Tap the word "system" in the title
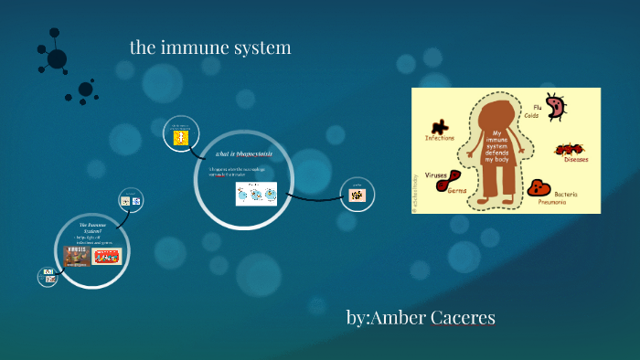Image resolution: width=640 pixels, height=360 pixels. point(264,48)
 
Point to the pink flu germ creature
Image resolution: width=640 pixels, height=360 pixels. point(555,107)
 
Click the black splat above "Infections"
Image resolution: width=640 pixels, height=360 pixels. point(441,127)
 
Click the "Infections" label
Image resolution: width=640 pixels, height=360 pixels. point(439,138)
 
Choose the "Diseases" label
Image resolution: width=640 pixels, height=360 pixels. point(576,159)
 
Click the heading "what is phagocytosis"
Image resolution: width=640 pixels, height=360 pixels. point(244,154)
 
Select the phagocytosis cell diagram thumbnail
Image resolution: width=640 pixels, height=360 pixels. point(256,194)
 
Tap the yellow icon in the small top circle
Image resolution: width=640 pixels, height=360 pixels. point(180,138)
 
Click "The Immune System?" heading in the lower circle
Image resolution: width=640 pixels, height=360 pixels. point(92,228)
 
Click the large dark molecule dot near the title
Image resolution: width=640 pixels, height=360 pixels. point(57,58)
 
